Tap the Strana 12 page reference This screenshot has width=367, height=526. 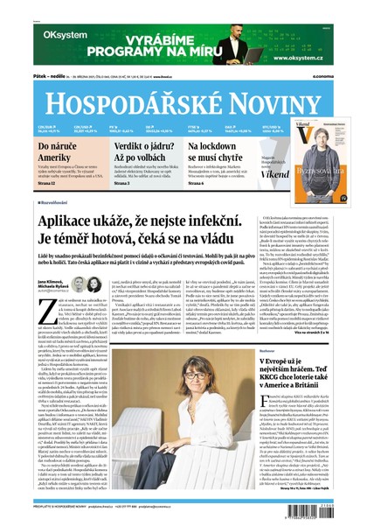49,183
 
